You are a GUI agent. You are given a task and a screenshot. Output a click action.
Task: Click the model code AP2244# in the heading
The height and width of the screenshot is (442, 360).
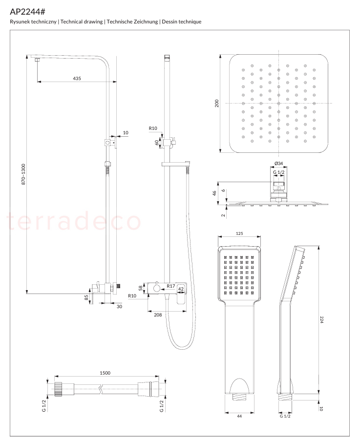click(x=27, y=12)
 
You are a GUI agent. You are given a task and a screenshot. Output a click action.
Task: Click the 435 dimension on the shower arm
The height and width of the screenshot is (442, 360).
click(x=77, y=78)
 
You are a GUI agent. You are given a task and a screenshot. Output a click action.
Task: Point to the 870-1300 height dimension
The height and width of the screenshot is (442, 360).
click(x=23, y=174)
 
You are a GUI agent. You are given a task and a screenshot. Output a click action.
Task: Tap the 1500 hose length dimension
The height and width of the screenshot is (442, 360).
click(x=105, y=373)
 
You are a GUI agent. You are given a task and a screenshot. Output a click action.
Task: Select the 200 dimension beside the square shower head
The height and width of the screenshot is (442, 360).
click(x=216, y=103)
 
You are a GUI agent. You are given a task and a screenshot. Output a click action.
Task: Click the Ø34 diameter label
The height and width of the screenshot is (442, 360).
click(x=278, y=163)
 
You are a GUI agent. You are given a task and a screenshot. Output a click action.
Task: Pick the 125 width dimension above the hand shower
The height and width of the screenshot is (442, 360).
click(x=239, y=233)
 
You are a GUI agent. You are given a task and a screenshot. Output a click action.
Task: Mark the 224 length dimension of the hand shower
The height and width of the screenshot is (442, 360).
click(x=321, y=319)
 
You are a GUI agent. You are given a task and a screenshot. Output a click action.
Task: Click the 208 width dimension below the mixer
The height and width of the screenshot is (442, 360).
click(x=158, y=315)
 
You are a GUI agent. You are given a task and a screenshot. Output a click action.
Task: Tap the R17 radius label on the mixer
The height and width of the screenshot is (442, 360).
click(x=171, y=286)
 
